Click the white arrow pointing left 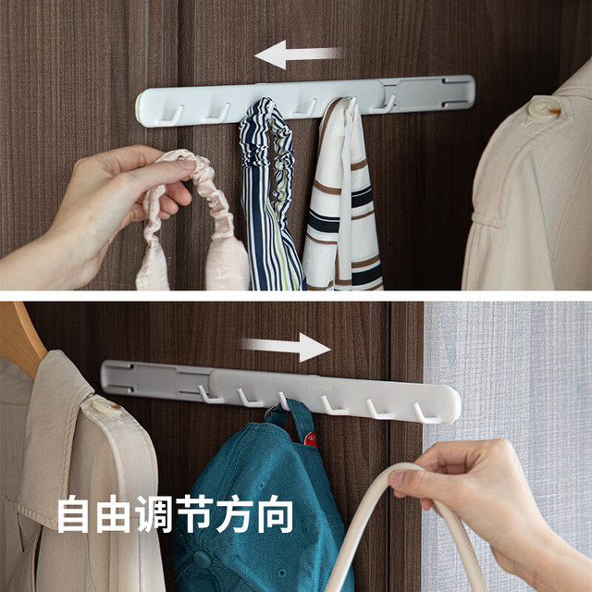click(x=298, y=55)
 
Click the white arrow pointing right click(x=286, y=347)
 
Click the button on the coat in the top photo click(x=544, y=108)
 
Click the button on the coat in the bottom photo click(x=107, y=407)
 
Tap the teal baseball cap click(x=261, y=502)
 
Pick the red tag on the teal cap click(x=311, y=439)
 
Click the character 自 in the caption click(x=73, y=514)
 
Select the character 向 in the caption click(x=276, y=514)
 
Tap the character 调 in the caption click(x=154, y=514)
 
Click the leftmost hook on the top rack click(x=172, y=117)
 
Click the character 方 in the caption click(x=235, y=514)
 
